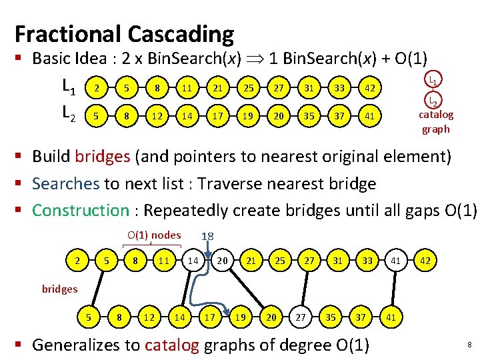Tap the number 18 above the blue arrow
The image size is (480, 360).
click(207, 237)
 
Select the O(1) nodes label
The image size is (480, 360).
click(154, 235)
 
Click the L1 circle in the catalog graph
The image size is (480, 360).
click(432, 81)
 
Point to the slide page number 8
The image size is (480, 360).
click(469, 345)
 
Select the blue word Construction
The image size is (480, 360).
click(80, 210)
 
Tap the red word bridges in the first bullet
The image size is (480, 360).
click(103, 157)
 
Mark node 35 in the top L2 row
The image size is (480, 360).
click(309, 116)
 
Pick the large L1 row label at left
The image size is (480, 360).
click(69, 87)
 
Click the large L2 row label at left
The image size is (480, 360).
click(69, 115)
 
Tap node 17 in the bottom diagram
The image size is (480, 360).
click(209, 318)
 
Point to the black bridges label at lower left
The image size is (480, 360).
click(60, 289)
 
